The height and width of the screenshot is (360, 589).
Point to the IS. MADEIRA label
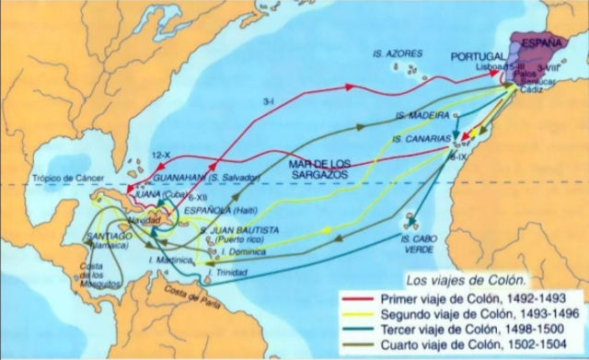[x=422, y=116]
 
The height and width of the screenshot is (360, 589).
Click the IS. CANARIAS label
[x=419, y=139]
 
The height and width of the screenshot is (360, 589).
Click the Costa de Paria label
[x=207, y=290]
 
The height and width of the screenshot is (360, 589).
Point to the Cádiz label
[x=532, y=90]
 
